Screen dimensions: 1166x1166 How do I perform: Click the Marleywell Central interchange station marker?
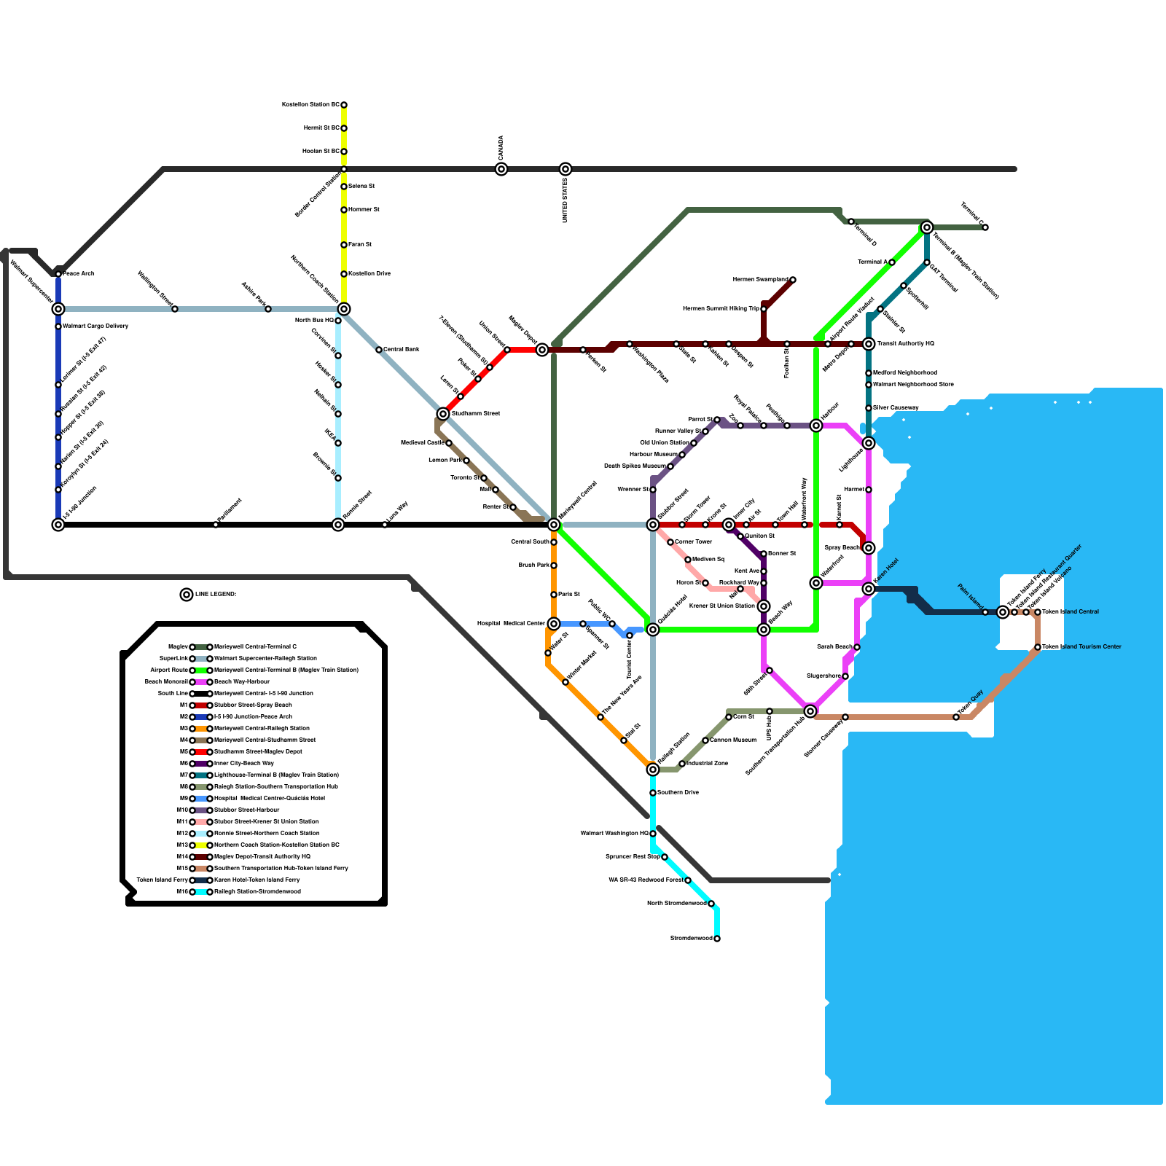(x=554, y=525)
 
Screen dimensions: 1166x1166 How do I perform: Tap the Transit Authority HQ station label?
(x=906, y=343)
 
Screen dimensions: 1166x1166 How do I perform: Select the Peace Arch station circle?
(x=58, y=274)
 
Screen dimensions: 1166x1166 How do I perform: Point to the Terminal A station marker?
(x=892, y=262)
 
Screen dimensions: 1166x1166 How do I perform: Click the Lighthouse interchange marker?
(x=869, y=443)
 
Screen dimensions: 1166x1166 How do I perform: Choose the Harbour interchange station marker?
(x=816, y=426)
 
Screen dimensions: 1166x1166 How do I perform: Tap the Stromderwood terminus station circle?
(x=717, y=939)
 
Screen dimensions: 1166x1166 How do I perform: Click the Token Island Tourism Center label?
(x=1081, y=646)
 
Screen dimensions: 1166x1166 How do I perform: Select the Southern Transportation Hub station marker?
(x=810, y=711)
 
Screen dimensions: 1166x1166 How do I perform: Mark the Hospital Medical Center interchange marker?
(x=554, y=624)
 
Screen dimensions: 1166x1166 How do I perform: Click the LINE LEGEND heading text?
(x=216, y=595)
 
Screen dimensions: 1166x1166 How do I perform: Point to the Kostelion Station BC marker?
(x=344, y=105)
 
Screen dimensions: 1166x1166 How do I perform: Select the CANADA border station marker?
(x=501, y=169)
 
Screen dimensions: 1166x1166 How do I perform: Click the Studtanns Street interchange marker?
(x=443, y=414)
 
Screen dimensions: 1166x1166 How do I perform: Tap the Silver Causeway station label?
(x=896, y=407)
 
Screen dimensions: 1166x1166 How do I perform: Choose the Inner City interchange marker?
(x=729, y=525)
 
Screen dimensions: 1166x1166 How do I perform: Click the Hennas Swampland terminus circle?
(x=793, y=280)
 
